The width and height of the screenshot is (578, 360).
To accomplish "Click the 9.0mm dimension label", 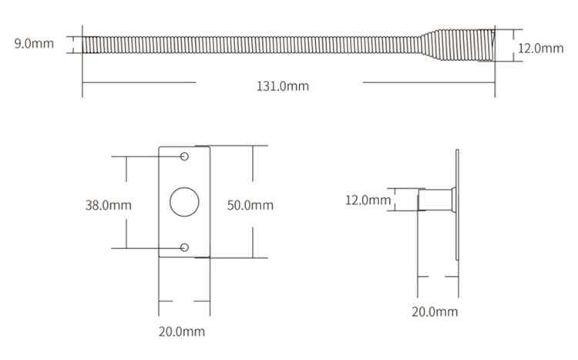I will coord(34,43).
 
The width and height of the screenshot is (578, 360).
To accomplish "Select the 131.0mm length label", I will coord(282,86).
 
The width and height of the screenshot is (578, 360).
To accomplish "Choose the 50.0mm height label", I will coord(250,205).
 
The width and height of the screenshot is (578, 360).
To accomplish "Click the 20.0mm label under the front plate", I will coord(183,332).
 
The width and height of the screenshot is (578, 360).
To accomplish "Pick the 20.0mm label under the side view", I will coord(435,311).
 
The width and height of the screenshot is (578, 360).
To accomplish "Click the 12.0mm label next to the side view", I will coord(367,200).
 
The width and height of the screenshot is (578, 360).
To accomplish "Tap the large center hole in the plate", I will coord(184,202).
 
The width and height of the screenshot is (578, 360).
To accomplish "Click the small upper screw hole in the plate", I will coord(184,157).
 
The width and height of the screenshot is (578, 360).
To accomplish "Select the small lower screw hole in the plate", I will coord(184,247).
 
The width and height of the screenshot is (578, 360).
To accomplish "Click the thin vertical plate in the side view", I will coord(458,204).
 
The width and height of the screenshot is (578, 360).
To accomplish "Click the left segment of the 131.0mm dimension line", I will coord(139,82).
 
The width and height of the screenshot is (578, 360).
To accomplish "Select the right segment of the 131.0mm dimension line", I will coord(428,82).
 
